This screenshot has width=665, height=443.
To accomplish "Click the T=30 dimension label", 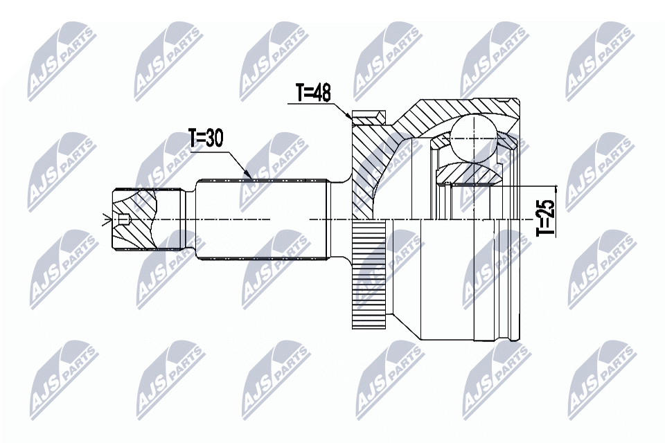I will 206,138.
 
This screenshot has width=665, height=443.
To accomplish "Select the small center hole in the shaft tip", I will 124,221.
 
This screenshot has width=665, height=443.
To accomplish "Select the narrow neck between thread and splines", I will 188,219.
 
